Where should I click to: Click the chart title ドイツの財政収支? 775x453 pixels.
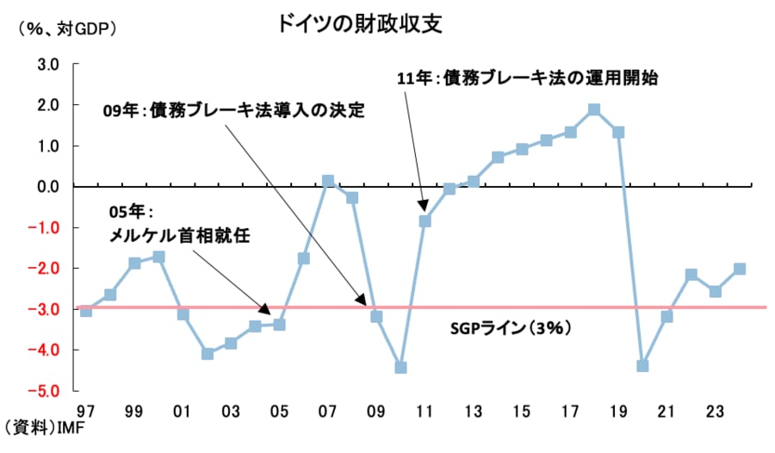click(x=359, y=23)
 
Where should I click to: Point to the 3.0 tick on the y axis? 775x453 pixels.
click(x=46, y=65)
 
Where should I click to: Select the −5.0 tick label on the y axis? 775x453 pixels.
click(x=45, y=391)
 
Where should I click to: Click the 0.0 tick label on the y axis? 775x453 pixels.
click(x=46, y=187)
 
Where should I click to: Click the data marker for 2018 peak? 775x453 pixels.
click(x=594, y=110)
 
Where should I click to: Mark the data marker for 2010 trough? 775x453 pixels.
click(x=400, y=368)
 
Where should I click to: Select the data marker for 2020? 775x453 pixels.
click(x=642, y=366)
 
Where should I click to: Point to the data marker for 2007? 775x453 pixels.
click(x=328, y=182)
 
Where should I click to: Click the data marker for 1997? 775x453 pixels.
click(x=85, y=310)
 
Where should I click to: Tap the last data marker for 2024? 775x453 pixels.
click(x=739, y=269)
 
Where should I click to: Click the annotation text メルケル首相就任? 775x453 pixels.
click(x=180, y=234)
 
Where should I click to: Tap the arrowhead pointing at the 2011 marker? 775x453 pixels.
click(x=423, y=207)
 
